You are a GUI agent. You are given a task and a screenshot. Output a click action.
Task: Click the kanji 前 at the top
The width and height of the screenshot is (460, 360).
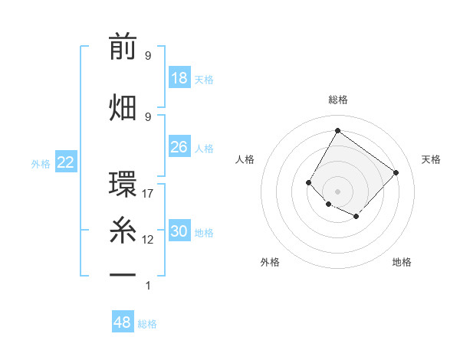[123, 47]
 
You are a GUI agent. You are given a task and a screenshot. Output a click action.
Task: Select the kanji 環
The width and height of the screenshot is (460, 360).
[123, 185]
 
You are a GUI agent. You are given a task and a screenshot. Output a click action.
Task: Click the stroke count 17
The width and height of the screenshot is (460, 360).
[148, 194]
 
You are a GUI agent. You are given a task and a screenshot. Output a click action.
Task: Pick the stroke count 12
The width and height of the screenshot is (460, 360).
[148, 240]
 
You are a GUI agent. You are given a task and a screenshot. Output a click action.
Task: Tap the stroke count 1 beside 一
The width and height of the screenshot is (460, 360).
[148, 286]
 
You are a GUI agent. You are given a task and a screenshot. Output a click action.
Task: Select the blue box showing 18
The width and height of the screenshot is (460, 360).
[179, 78]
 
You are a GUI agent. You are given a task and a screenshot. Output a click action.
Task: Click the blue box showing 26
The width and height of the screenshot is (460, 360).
[179, 147]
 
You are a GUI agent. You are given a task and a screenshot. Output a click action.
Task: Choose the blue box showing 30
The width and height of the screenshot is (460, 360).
[179, 231]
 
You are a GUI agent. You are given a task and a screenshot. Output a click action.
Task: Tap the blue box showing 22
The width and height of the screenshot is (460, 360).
[66, 162]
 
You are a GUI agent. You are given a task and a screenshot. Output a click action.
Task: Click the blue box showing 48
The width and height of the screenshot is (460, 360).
[123, 322]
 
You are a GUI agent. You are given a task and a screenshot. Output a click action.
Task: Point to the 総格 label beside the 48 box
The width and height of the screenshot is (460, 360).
[147, 324]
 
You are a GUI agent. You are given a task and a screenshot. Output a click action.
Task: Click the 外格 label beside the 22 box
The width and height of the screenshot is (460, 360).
[41, 163]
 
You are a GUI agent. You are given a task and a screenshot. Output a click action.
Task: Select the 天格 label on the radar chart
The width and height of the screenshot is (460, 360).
[431, 159]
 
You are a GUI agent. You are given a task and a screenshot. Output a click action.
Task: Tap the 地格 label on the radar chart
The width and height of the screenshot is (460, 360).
[402, 262]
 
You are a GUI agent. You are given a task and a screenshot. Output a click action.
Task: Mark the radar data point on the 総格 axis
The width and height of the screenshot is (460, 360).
[337, 130]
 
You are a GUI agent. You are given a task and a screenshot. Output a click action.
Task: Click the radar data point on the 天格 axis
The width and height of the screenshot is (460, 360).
[396, 172]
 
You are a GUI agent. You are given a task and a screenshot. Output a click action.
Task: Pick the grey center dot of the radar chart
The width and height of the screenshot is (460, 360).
[337, 191]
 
